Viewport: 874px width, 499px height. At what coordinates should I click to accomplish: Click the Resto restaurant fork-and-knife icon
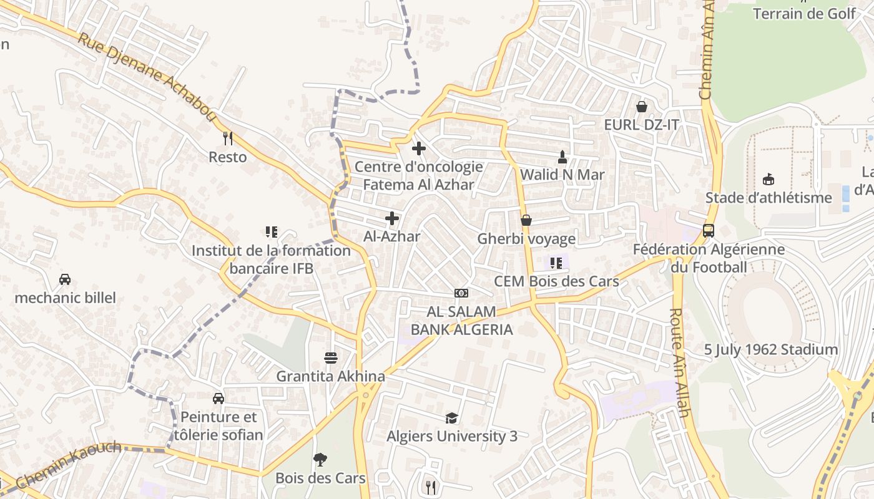[x=228, y=138]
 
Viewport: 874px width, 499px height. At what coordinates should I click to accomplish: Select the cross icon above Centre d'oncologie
[x=419, y=148]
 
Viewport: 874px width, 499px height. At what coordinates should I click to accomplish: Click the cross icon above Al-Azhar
[x=392, y=218]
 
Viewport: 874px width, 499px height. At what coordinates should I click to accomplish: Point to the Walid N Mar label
[x=562, y=175]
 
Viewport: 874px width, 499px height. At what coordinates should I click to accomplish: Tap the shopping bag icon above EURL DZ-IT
[x=641, y=107]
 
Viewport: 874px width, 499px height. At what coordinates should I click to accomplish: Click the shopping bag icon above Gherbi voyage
[x=526, y=220]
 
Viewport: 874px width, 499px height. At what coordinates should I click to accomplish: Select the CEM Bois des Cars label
[x=556, y=281]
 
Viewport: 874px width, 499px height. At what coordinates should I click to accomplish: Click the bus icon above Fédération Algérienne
[x=709, y=231]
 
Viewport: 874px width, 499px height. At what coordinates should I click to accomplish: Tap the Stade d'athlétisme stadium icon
[x=768, y=180]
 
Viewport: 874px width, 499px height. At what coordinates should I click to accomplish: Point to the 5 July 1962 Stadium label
[x=771, y=349]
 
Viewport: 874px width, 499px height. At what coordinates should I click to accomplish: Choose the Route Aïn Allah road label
[x=679, y=362]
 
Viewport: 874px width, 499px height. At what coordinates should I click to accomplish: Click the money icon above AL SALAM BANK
[x=461, y=293]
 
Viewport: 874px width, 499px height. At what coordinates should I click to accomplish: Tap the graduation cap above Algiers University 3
[x=451, y=418]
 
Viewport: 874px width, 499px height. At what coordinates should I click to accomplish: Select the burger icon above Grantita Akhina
[x=331, y=358]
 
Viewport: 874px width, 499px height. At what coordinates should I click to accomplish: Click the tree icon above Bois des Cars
[x=320, y=460]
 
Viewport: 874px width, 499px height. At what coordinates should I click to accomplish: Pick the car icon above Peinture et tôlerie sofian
[x=219, y=399]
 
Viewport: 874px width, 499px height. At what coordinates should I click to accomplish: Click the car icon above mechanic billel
[x=65, y=279]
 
